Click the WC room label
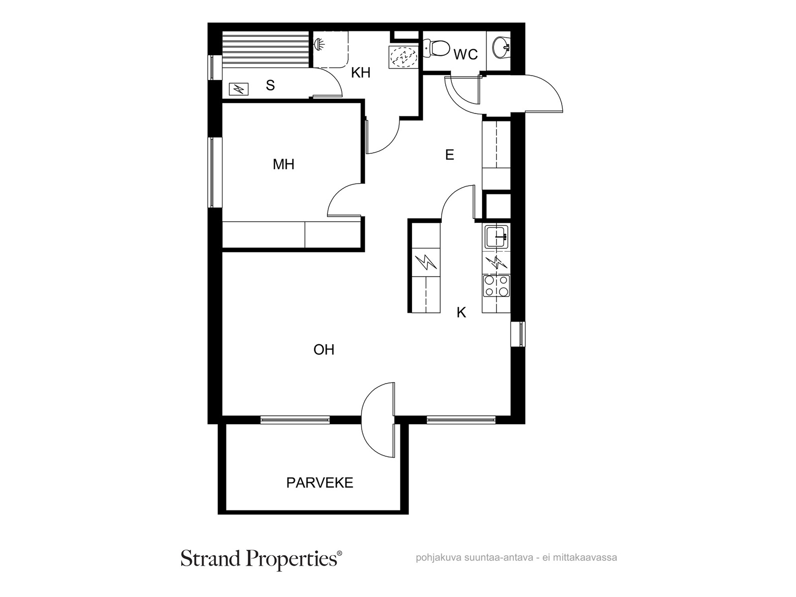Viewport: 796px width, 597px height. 466,54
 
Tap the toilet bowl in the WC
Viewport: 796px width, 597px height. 437,49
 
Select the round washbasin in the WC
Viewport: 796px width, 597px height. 501,47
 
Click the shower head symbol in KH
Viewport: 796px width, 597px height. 319,44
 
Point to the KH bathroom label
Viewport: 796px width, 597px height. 361,73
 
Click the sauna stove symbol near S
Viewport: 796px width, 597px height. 239,89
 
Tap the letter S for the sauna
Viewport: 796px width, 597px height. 270,85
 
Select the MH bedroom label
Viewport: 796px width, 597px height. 284,165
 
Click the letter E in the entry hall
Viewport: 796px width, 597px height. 450,155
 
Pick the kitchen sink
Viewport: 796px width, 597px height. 496,236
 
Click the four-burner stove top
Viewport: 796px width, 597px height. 496,286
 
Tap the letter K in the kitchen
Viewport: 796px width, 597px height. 461,312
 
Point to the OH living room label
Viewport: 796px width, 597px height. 324,350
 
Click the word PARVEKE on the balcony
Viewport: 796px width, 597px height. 320,483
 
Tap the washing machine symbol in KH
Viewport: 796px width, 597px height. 403,57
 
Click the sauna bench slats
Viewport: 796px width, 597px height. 265,49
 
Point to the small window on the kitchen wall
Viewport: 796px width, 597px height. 518,334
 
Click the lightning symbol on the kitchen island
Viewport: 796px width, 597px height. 426,263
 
